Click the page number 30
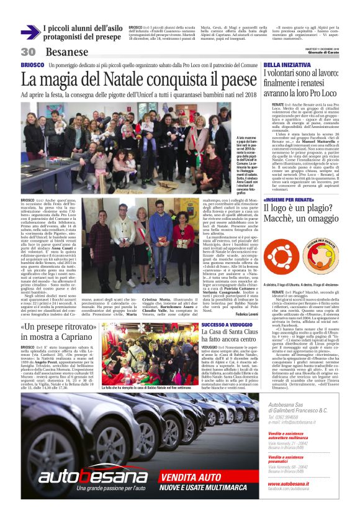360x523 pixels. (28, 52)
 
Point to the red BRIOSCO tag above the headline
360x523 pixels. (32, 65)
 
